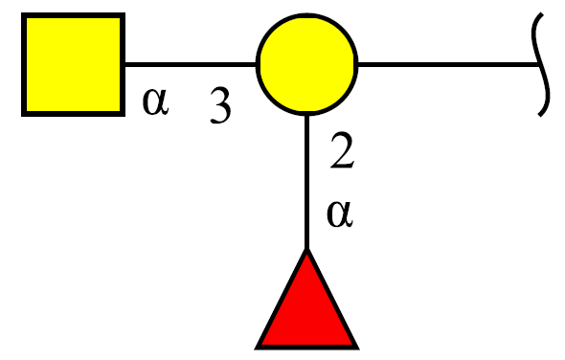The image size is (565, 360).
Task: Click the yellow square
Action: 73,64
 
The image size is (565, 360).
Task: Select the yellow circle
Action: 306,64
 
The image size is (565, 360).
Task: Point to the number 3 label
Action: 220,105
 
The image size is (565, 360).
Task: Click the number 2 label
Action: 342,150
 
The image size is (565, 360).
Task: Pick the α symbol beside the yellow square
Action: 156,101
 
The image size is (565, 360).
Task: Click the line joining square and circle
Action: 191,64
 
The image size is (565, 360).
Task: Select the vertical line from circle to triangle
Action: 306,182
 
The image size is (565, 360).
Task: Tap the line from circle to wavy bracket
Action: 448,64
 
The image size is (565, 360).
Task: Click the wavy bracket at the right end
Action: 541,64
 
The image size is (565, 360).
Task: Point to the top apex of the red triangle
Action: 306,249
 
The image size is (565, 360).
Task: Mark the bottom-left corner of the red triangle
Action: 255,349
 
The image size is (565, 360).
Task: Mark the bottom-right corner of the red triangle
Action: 359,349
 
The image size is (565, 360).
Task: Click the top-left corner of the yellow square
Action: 22,13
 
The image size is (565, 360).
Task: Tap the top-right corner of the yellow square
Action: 124,13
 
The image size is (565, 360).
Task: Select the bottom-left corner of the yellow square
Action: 22,116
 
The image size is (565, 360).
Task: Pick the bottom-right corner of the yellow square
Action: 124,116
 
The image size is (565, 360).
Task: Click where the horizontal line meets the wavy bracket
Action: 540,64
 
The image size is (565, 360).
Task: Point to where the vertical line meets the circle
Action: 306,116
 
